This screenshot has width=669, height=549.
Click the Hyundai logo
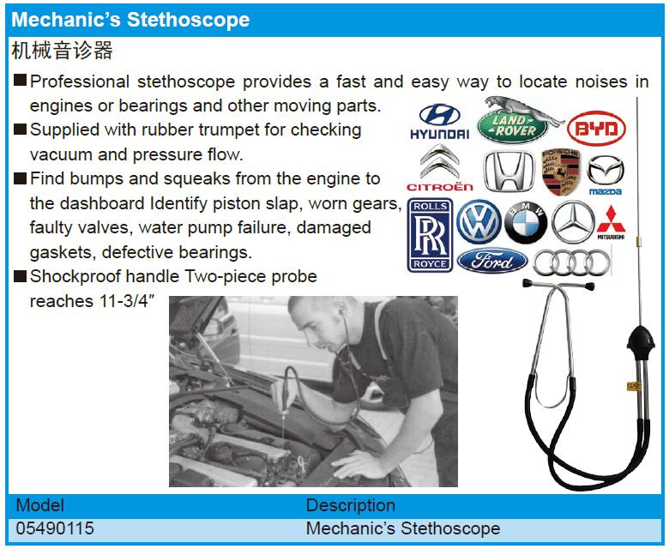point(439,122)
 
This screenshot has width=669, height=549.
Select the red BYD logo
point(596,128)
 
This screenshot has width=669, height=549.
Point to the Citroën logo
point(440,168)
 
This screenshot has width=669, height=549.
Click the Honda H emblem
point(509,171)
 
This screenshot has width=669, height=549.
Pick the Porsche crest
point(561,172)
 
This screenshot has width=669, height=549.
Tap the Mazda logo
point(606,175)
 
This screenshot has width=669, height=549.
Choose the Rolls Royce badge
point(430,235)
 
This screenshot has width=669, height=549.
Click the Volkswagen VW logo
point(479,222)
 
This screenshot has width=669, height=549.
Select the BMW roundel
point(526,223)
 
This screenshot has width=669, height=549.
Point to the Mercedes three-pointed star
point(573,222)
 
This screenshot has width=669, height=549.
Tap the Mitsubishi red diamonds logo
point(611,223)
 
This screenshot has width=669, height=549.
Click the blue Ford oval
point(492,261)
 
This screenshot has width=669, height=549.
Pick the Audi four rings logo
point(572,262)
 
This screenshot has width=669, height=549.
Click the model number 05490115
point(55,528)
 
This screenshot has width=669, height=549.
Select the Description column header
point(351,505)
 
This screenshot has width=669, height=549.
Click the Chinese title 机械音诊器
point(63,51)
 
